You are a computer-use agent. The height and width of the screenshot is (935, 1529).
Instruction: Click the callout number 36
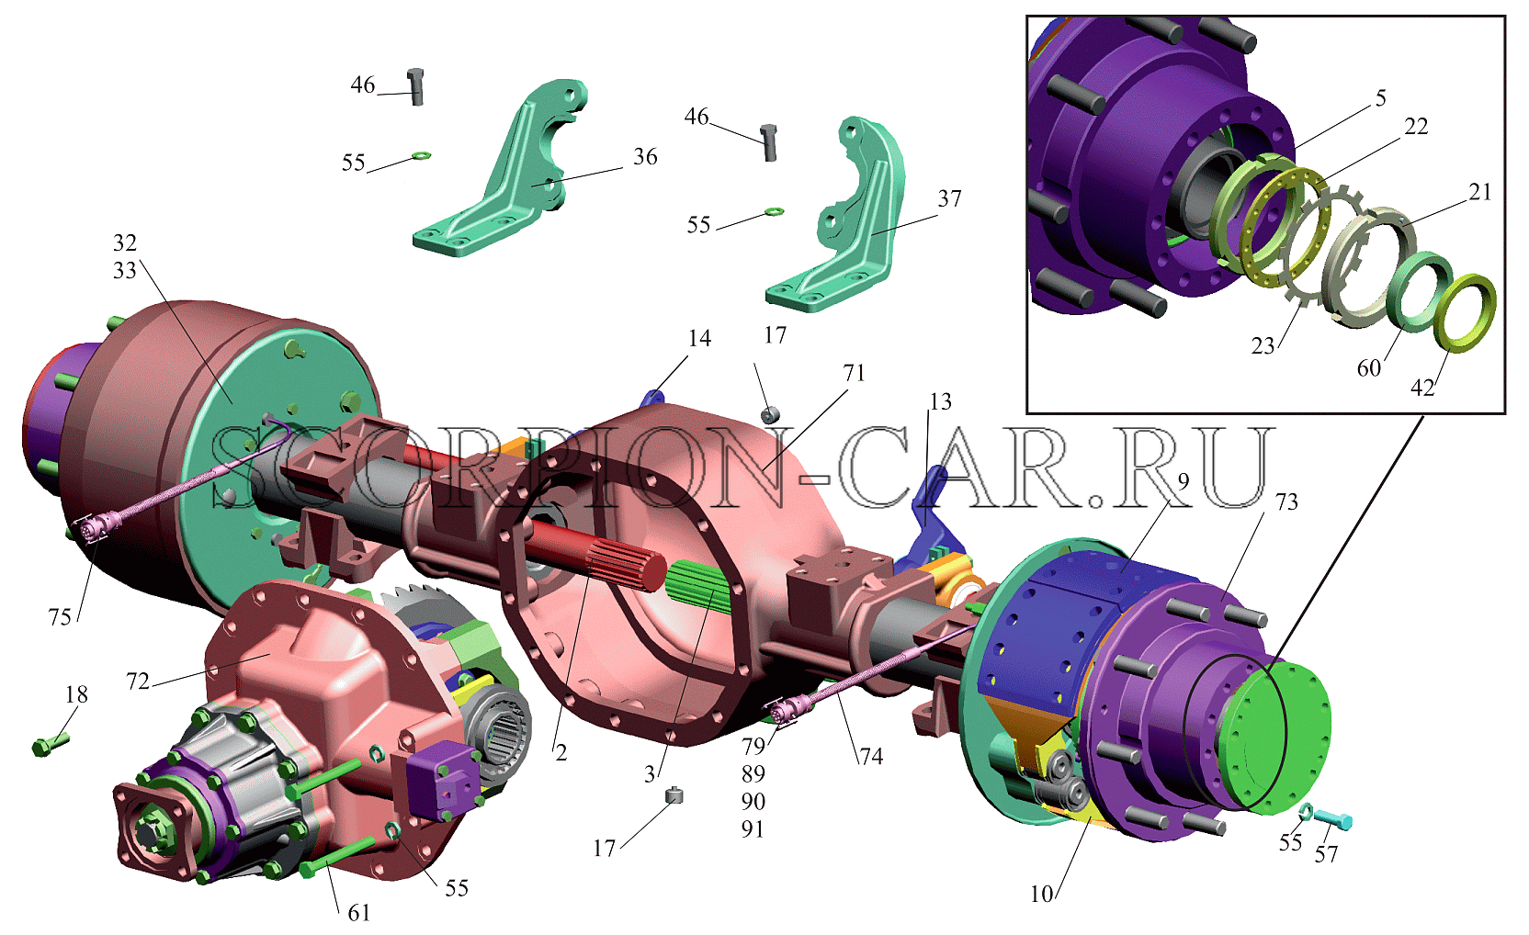[645, 157]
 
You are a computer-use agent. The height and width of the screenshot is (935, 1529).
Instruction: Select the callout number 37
[949, 198]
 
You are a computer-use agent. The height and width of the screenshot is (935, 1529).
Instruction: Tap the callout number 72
[138, 682]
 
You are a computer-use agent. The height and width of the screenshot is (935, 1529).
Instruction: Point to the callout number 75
[60, 617]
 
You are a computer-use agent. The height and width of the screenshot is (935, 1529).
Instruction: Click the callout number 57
[1326, 854]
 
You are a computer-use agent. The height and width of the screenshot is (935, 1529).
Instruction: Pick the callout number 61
[359, 912]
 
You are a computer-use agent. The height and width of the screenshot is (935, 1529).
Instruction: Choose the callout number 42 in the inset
[1422, 388]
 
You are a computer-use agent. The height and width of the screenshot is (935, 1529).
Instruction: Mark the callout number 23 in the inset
[1263, 346]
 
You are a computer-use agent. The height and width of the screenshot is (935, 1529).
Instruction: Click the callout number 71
[854, 373]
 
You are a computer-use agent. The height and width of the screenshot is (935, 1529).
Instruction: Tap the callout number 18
[76, 694]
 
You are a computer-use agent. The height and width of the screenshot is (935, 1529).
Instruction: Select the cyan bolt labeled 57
[1333, 818]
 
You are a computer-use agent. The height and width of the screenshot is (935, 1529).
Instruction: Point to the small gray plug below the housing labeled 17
[674, 795]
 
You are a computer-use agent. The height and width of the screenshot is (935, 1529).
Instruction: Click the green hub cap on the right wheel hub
[1275, 738]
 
